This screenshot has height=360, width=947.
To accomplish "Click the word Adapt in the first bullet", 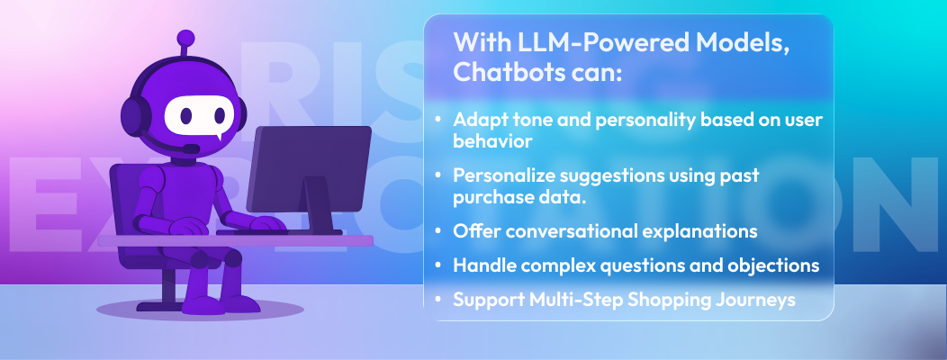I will [x=477, y=120].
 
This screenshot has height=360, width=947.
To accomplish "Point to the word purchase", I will [x=490, y=195].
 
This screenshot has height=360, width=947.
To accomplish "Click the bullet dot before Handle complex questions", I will [x=438, y=266].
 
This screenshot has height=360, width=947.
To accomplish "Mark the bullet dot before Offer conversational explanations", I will [x=438, y=231].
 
